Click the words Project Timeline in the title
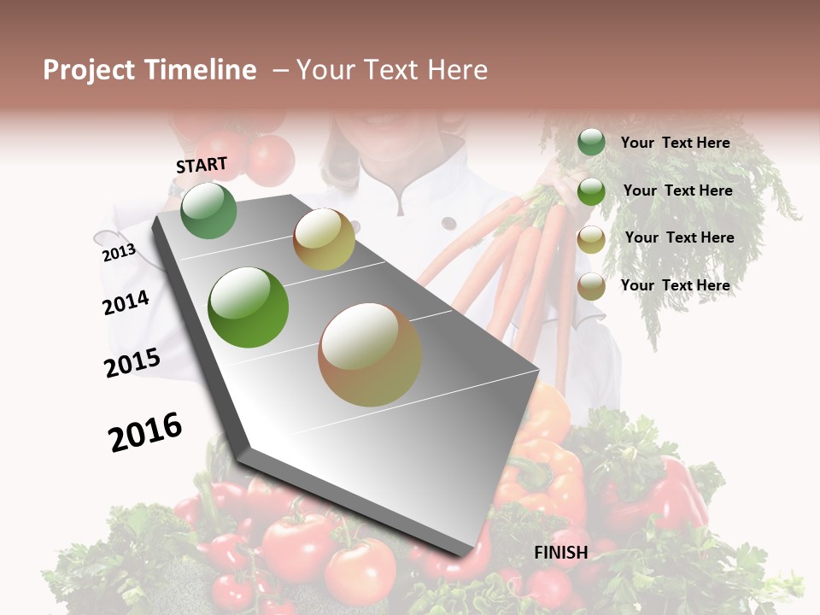click(149, 70)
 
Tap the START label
click(202, 165)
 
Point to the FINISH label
click(561, 553)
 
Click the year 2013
click(119, 253)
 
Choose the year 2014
click(126, 302)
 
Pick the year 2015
click(132, 363)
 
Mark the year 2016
click(145, 432)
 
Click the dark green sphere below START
click(209, 210)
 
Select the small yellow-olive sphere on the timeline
click(324, 239)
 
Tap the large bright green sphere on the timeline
click(249, 307)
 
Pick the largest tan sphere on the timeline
click(370, 354)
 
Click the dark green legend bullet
click(591, 142)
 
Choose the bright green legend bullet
click(591, 191)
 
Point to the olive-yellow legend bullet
click(591, 239)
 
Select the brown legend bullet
click(591, 286)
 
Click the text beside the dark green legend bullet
click(675, 143)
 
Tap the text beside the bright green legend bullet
click(677, 190)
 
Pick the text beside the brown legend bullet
click(675, 285)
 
